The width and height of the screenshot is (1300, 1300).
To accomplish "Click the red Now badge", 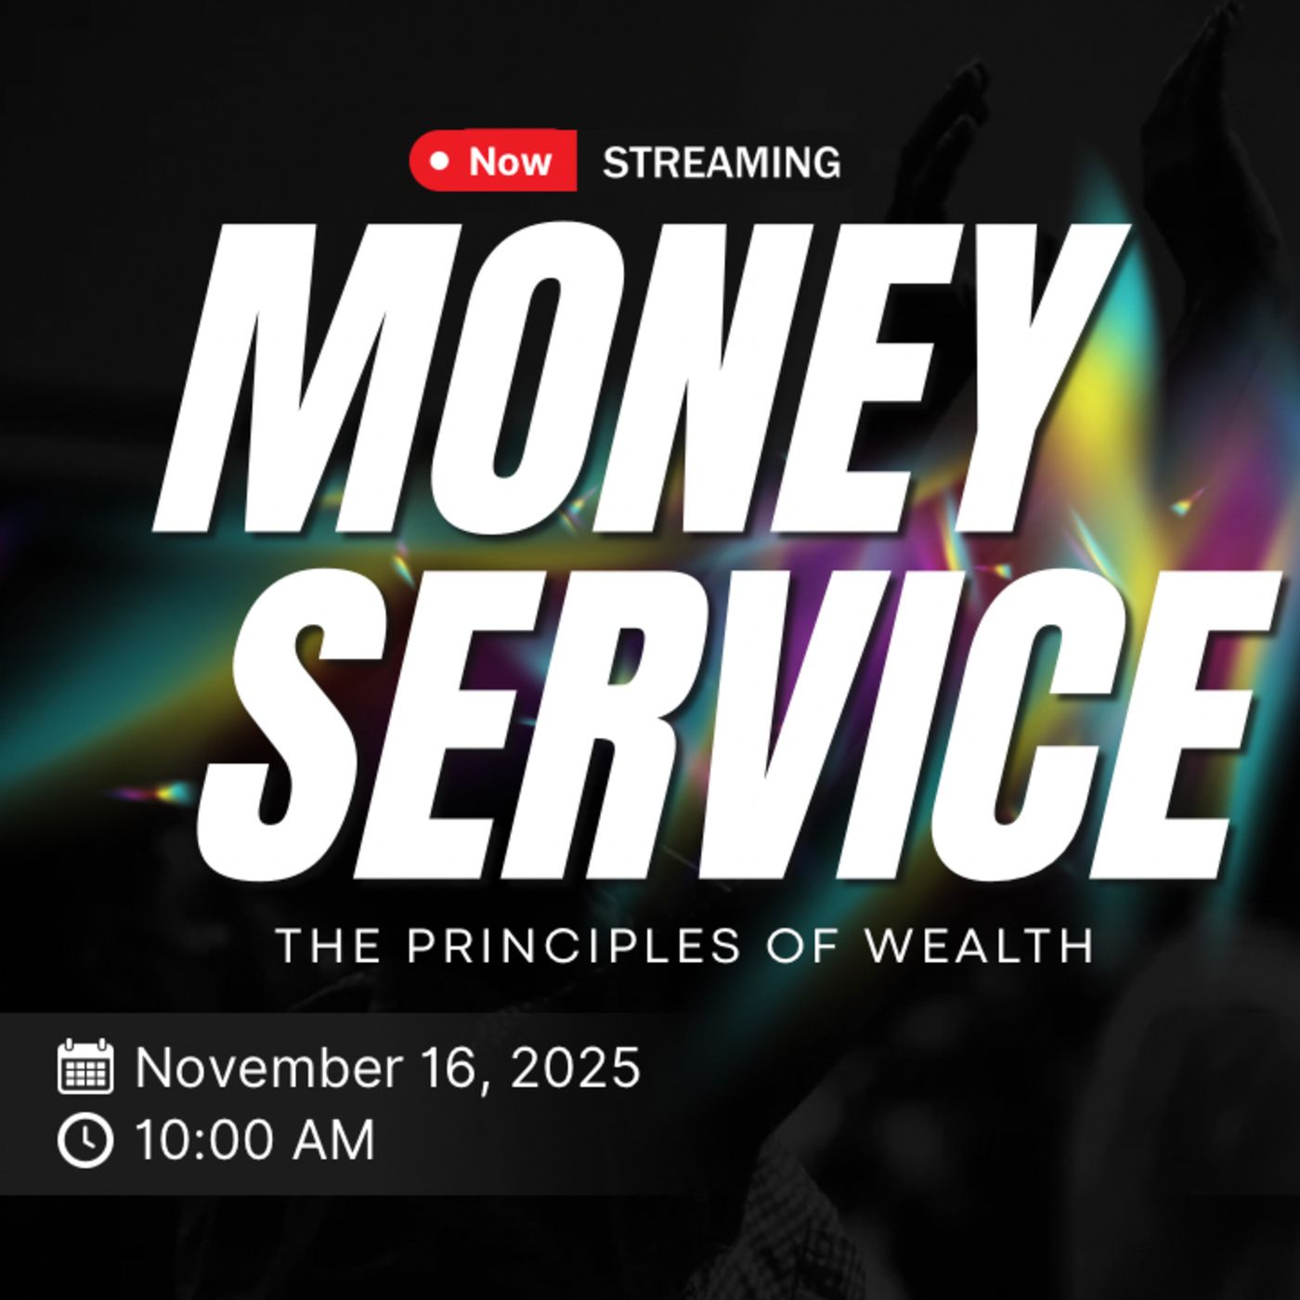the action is [x=493, y=161].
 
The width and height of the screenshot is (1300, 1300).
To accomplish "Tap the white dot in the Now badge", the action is [x=440, y=162].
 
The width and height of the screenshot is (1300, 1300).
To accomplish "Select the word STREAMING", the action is [x=721, y=162].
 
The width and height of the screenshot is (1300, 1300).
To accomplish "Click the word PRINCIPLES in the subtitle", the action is [x=574, y=945].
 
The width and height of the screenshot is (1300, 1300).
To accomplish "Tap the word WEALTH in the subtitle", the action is [x=980, y=945].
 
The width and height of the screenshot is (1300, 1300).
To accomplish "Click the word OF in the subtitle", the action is [x=803, y=945].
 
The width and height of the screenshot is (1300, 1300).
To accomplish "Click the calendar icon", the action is [x=85, y=1067].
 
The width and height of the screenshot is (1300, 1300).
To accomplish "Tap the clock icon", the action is [x=85, y=1140].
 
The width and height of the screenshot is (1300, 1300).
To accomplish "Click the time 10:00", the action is [x=205, y=1141].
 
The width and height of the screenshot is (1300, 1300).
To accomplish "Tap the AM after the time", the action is [x=331, y=1141].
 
